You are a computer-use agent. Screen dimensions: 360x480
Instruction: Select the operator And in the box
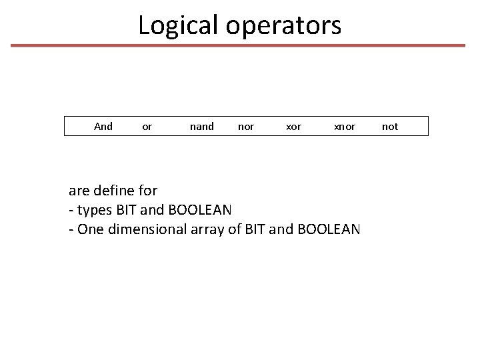[x=103, y=126]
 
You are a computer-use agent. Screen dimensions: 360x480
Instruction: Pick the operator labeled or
[x=147, y=127]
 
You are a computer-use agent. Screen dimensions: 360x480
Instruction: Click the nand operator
[x=202, y=126]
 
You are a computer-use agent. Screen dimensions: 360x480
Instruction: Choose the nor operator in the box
[x=246, y=127]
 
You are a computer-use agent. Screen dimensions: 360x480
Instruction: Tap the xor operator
[x=293, y=127]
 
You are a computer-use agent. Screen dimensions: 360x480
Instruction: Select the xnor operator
[x=345, y=127]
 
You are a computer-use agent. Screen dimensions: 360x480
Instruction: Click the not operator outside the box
[x=390, y=127]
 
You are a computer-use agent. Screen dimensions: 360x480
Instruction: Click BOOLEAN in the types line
[x=200, y=210]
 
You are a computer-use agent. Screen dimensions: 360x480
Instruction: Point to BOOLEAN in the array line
[x=329, y=229]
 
